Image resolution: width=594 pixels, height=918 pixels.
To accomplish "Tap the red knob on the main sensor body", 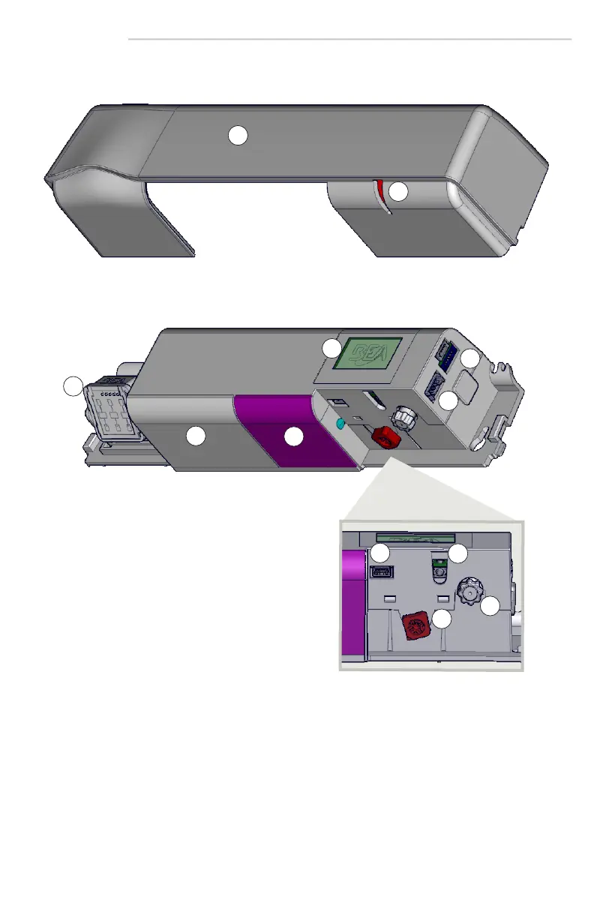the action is (x=385, y=438).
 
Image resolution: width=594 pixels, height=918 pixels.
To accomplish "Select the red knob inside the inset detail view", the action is (x=415, y=626).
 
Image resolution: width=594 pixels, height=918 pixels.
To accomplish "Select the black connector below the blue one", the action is (x=434, y=387).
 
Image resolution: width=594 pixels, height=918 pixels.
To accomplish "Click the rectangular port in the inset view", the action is (x=382, y=571).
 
